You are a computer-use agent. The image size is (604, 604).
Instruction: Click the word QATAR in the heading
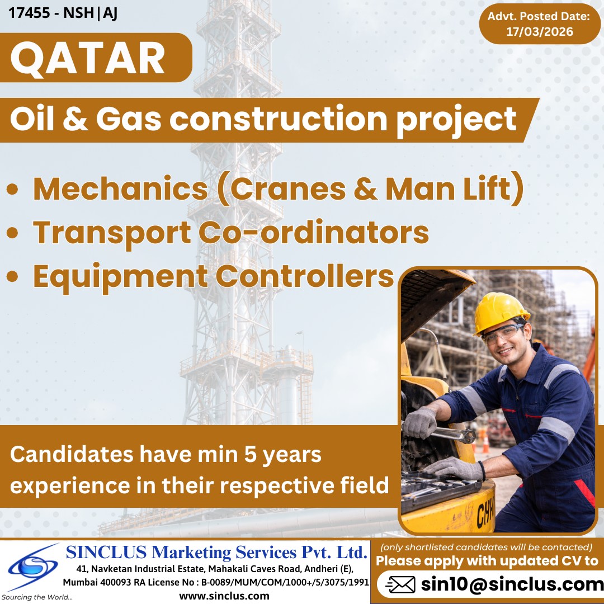pyautogui.click(x=88, y=59)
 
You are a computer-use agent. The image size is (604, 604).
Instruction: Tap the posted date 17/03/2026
pyautogui.click(x=539, y=32)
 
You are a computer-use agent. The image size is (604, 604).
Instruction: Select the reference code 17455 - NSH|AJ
pyautogui.click(x=63, y=12)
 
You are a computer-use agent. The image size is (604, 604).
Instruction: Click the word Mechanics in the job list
pyautogui.click(x=120, y=189)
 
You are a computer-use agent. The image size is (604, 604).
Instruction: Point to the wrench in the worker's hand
pyautogui.click(x=447, y=432)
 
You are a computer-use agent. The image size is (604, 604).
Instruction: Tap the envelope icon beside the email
pyautogui.click(x=400, y=585)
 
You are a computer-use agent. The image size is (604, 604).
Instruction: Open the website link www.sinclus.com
pyautogui.click(x=224, y=596)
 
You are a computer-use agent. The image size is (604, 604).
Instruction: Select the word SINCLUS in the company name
pyautogui.click(x=106, y=553)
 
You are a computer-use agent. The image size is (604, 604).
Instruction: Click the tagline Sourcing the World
pyautogui.click(x=37, y=597)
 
